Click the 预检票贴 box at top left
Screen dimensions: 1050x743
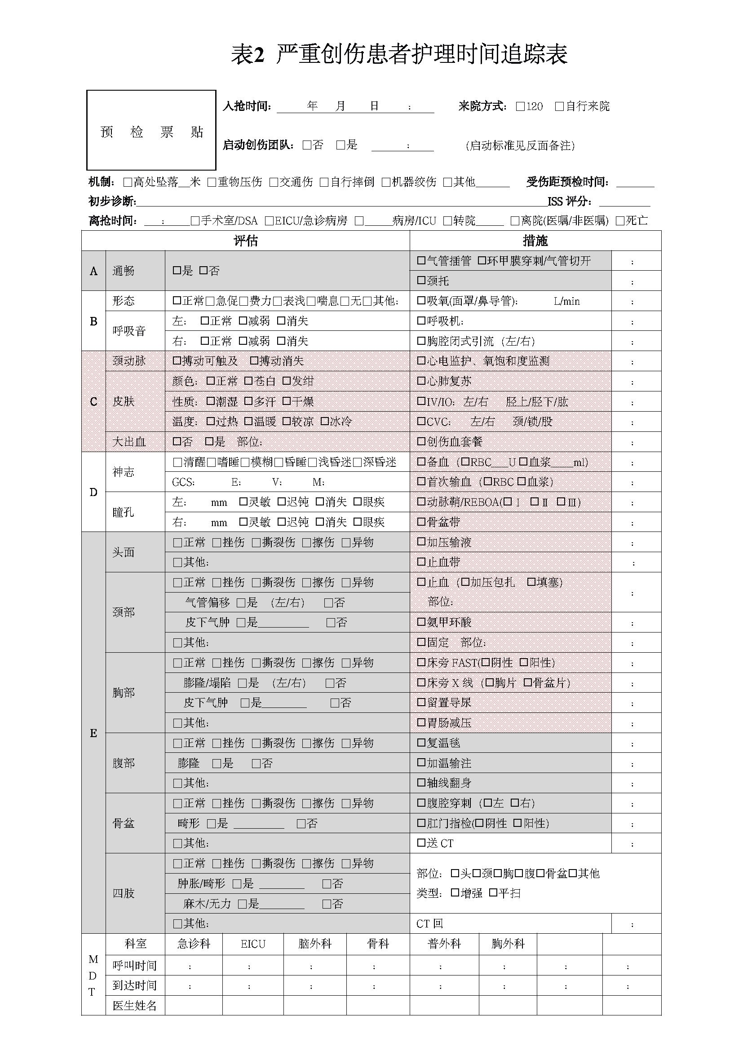(x=151, y=130)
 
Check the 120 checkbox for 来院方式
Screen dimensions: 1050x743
(x=520, y=106)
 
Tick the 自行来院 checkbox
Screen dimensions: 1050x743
(x=559, y=106)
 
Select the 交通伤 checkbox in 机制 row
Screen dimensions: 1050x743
(x=274, y=182)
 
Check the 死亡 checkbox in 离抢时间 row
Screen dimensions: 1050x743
(x=620, y=221)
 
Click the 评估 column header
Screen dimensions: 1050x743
(x=246, y=241)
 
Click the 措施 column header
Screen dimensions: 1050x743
(x=535, y=241)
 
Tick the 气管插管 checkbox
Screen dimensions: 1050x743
(x=421, y=261)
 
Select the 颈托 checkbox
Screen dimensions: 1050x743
(x=421, y=280)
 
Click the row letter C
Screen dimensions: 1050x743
(x=93, y=401)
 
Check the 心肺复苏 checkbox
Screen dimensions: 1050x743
(x=421, y=381)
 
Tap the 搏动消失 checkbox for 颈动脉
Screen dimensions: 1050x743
(x=254, y=361)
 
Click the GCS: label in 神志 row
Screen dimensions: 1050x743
(x=183, y=483)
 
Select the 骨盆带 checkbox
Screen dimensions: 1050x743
(x=421, y=522)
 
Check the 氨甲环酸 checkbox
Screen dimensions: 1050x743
(x=421, y=622)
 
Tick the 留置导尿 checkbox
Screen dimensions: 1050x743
(x=421, y=703)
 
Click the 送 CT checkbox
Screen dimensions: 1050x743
(x=421, y=843)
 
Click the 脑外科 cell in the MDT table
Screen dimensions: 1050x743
(x=314, y=944)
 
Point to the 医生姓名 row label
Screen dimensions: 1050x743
(x=134, y=1006)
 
